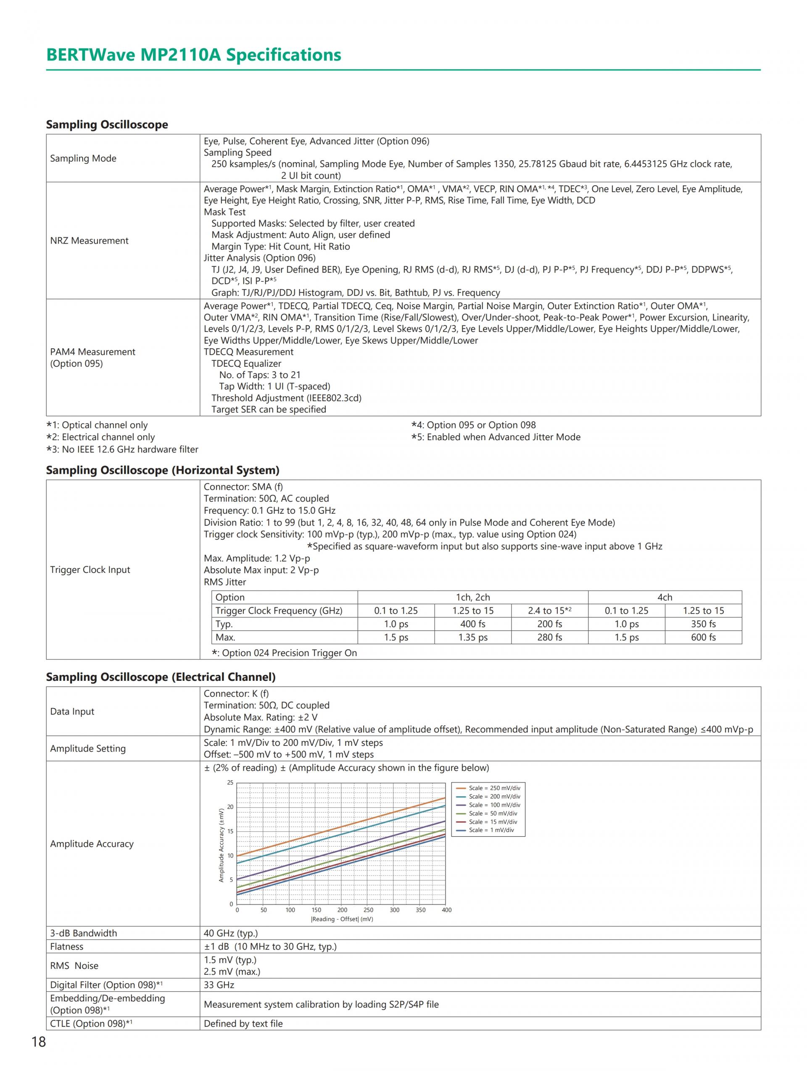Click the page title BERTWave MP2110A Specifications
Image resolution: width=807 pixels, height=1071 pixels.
193,55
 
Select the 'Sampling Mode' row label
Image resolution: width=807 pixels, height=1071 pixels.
83,158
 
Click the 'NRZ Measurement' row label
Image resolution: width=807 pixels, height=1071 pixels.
89,241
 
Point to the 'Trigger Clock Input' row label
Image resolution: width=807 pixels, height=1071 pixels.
90,570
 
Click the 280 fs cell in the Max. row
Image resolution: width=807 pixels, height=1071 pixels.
549,637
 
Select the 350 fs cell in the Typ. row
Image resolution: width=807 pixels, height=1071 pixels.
703,624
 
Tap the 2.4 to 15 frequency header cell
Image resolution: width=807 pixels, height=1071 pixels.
549,611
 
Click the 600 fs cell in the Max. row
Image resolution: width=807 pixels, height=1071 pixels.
703,637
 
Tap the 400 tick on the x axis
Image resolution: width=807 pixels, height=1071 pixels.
446,910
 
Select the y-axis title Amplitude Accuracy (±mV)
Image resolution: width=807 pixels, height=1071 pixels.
222,845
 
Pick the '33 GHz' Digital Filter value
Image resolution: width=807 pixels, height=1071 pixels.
219,985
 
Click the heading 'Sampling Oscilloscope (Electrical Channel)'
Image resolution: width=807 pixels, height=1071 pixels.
161,677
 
